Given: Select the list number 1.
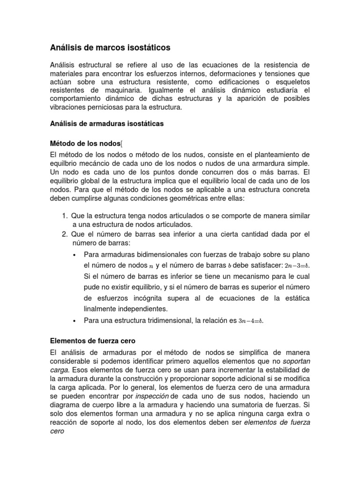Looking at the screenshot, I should [65, 215].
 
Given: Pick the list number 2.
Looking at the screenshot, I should [65, 234].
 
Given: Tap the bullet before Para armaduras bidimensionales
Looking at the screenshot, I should [75, 255].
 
